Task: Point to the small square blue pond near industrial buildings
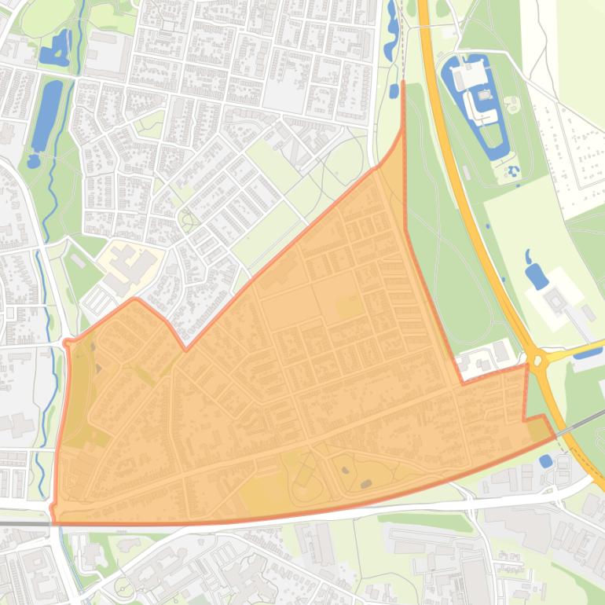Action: (x=546, y=461)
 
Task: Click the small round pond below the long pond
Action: (x=33, y=161)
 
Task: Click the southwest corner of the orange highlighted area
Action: (x=53, y=522)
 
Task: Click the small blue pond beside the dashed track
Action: (x=394, y=91)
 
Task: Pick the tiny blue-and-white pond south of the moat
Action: (x=513, y=170)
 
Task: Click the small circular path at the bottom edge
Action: (x=124, y=587)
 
